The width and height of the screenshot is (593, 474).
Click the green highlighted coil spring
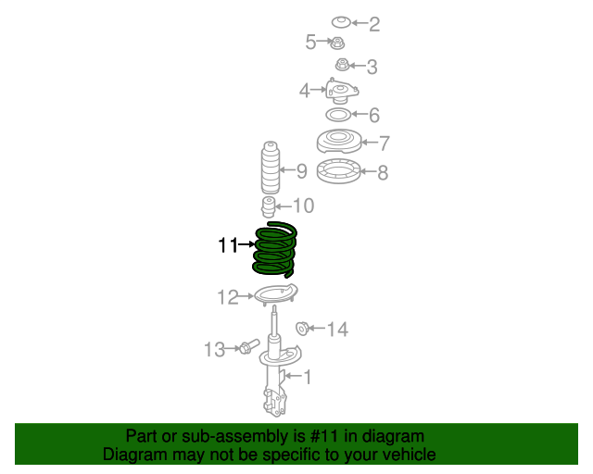tap(275, 250)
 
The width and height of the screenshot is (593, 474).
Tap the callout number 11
tap(228, 245)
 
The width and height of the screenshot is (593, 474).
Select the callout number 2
tap(374, 25)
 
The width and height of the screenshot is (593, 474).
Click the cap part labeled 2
tap(340, 22)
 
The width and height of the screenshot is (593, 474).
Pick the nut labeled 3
tap(342, 65)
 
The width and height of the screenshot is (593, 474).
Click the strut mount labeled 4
tap(340, 93)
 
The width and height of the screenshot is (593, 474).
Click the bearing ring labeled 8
tap(339, 171)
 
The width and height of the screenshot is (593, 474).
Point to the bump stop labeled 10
tap(268, 206)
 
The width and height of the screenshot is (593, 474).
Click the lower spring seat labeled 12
tap(274, 296)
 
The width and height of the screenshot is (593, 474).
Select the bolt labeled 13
tap(247, 348)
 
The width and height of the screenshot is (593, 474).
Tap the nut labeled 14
tap(302, 329)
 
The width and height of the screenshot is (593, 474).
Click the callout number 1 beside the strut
tap(307, 376)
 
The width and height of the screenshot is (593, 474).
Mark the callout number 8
tap(383, 172)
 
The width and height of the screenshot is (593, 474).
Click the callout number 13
tap(214, 349)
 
